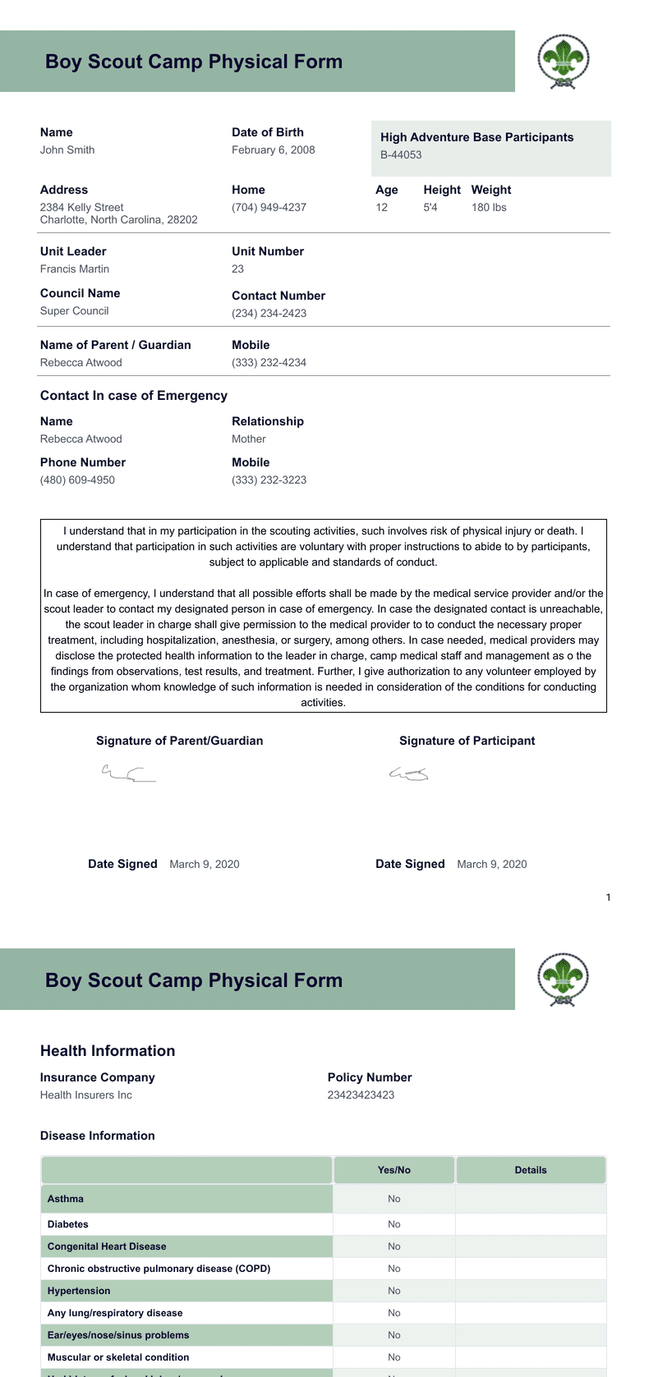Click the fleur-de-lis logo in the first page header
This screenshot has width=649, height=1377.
pyautogui.click(x=563, y=61)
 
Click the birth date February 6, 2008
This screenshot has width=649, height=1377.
pyautogui.click(x=273, y=150)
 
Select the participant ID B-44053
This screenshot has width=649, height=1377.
pyautogui.click(x=401, y=155)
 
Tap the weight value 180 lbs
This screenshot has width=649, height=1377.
pyautogui.click(x=489, y=208)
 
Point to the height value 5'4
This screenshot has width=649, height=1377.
pyautogui.click(x=430, y=208)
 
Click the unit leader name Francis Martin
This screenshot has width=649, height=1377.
pyautogui.click(x=75, y=269)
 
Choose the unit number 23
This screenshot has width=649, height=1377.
pyautogui.click(x=237, y=269)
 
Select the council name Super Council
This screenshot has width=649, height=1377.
pyautogui.click(x=74, y=311)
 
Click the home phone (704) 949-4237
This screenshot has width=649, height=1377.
pyautogui.click(x=269, y=208)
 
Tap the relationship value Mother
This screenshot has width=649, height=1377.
pyautogui.click(x=248, y=439)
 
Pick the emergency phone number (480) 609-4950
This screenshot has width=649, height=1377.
pyautogui.click(x=77, y=480)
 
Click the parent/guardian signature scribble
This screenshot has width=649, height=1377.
pyautogui.click(x=128, y=773)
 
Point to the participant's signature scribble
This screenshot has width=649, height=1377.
pyautogui.click(x=408, y=773)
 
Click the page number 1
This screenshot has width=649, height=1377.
pyautogui.click(x=608, y=897)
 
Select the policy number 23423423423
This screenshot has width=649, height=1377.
pyautogui.click(x=361, y=1095)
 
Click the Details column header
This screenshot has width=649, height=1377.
pyautogui.click(x=531, y=1170)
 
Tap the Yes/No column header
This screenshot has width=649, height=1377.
pyautogui.click(x=394, y=1170)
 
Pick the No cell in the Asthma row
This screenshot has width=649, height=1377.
pyautogui.click(x=394, y=1199)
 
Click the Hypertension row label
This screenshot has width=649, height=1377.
pyautogui.click(x=79, y=1291)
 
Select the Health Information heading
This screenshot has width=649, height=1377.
pyautogui.click(x=108, y=1051)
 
